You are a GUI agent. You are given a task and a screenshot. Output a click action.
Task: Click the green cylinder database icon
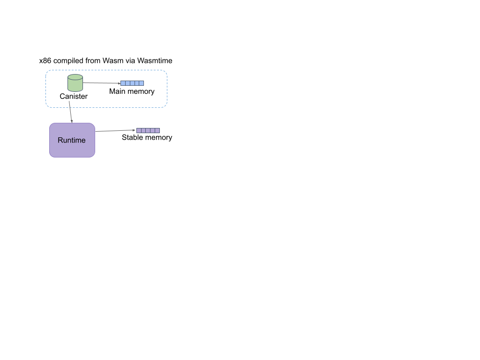coord(75,84)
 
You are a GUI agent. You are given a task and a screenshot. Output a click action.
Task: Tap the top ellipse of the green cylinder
coord(75,77)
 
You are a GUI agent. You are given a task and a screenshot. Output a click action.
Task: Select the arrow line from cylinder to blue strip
coord(101,83)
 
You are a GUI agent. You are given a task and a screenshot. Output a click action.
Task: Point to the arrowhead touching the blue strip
coord(119,83)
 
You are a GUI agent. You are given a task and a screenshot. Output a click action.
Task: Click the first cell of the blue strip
coord(123,83)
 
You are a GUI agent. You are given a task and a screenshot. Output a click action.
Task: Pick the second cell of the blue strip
coord(127,83)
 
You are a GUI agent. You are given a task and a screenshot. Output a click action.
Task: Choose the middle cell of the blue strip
coord(132,83)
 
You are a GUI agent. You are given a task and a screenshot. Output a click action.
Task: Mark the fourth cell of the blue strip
coord(137,83)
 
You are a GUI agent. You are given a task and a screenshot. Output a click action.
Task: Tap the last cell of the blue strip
coord(142,83)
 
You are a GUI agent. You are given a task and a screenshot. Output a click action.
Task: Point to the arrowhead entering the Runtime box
coord(72,121)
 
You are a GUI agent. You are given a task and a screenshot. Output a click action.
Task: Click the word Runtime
coord(72,140)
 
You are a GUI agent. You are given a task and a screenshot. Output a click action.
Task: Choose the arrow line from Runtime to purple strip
coord(115,131)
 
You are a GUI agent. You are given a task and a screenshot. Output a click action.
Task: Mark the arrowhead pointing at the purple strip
coord(135,130)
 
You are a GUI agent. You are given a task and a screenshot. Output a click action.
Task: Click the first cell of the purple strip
coord(139,130)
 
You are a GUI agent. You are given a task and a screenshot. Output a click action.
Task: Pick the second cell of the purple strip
coord(143,130)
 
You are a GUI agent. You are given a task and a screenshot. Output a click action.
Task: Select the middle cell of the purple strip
coord(148,130)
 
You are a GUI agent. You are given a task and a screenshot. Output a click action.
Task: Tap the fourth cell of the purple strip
coord(153,130)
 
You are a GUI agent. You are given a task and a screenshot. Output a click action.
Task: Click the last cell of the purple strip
coord(157,130)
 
